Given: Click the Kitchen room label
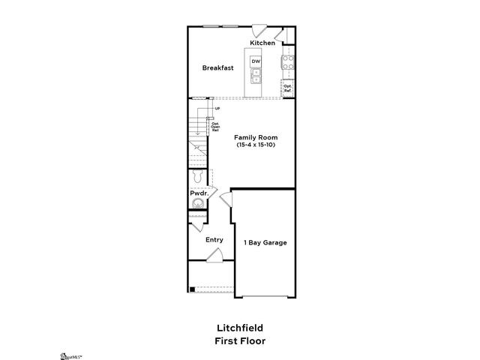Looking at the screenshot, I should [x=262, y=43].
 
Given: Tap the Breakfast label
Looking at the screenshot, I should [x=217, y=67].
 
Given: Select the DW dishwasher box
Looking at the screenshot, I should [x=256, y=61].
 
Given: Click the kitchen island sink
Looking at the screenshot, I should [x=256, y=74].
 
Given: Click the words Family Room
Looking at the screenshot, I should [x=256, y=137].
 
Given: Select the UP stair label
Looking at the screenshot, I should [x=217, y=109].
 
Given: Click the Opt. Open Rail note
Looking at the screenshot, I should [x=215, y=127].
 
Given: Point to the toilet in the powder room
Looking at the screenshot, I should [x=196, y=177].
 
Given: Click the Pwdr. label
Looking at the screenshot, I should [x=198, y=193].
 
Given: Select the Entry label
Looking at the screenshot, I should [x=214, y=240].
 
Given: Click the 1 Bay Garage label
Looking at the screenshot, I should [x=265, y=242].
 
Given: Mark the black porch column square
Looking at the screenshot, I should [x=192, y=289].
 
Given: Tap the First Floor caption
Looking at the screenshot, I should [x=239, y=340].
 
